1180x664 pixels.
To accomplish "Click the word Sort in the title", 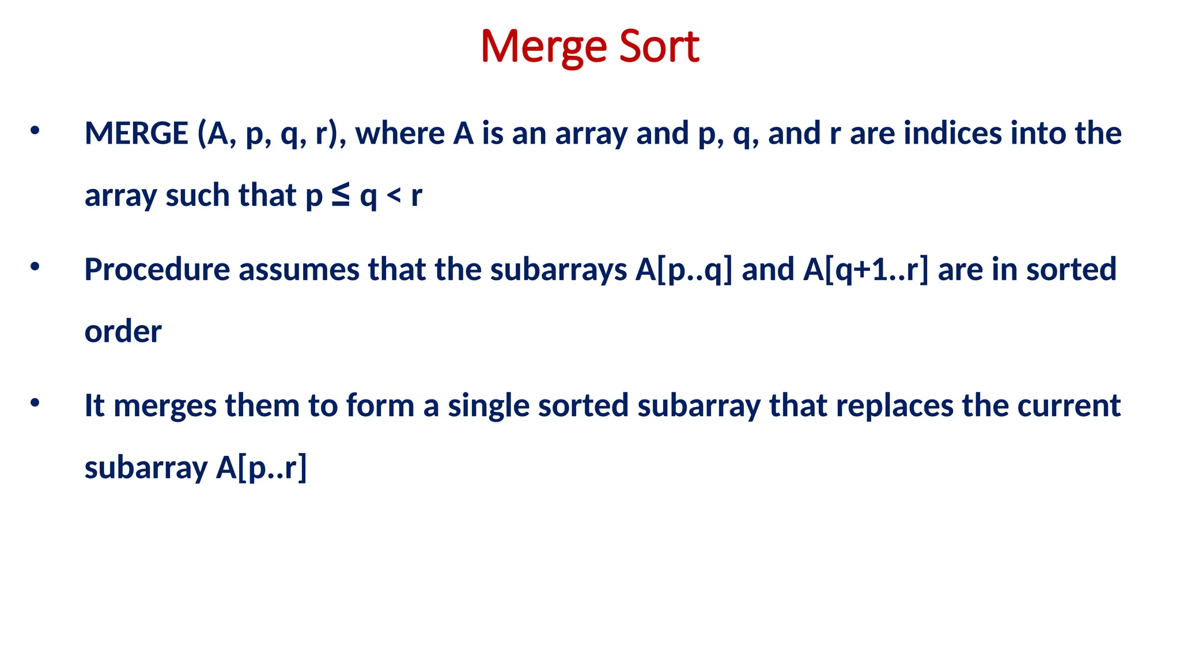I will point(659,46).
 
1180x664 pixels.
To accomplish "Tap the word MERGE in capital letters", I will point(136,133).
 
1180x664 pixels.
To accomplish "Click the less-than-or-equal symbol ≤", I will point(341,195).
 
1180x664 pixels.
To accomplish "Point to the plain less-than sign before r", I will point(394,195).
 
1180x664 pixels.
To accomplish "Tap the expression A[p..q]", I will point(684,270).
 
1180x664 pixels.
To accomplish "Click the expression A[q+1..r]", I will point(866,270).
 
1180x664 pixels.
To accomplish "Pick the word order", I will point(123,331).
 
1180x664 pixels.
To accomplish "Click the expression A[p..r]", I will point(262,467).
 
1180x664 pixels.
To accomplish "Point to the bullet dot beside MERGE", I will point(35,131).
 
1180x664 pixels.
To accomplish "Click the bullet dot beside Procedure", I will point(35,267).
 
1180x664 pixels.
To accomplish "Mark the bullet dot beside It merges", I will point(35,403).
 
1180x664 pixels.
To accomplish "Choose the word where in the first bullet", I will point(400,133).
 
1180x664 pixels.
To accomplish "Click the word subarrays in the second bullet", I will point(558,270).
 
